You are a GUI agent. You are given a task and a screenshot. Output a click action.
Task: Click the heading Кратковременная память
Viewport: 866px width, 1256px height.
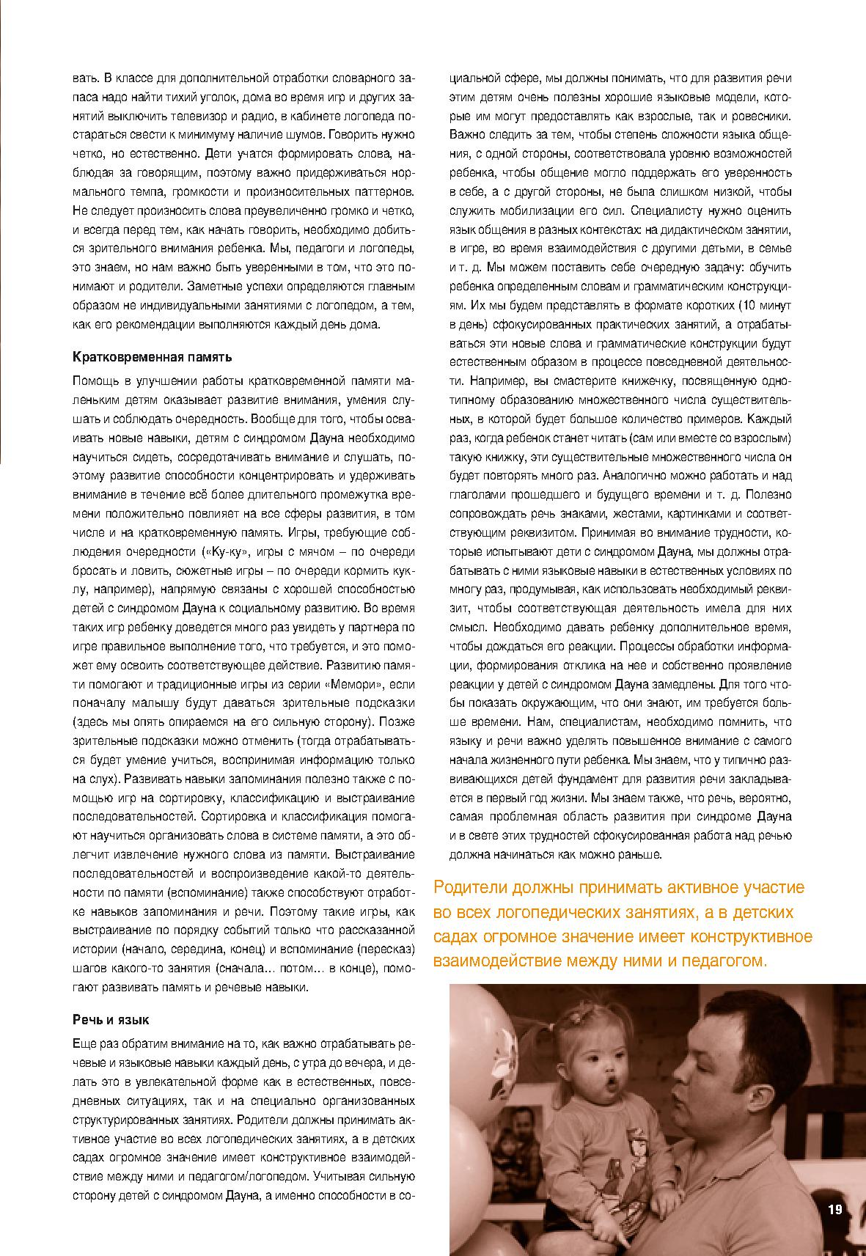click(x=152, y=357)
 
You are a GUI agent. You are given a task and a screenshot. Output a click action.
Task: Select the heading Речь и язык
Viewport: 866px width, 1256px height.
click(x=111, y=1020)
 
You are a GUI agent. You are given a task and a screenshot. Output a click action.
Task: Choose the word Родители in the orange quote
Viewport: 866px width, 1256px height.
click(x=469, y=888)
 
